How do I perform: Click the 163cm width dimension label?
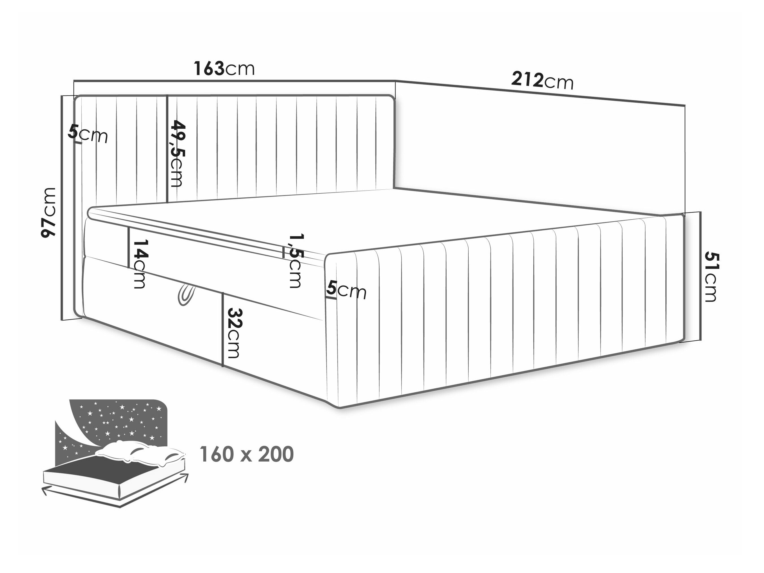[224, 68]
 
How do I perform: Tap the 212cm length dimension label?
[542, 81]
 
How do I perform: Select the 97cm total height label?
[48, 213]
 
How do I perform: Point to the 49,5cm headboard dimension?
[176, 154]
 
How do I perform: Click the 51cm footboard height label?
[711, 277]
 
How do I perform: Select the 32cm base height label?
[235, 333]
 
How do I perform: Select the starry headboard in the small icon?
[114, 429]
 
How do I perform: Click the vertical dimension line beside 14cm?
[129, 248]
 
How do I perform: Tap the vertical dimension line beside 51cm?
[700, 276]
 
